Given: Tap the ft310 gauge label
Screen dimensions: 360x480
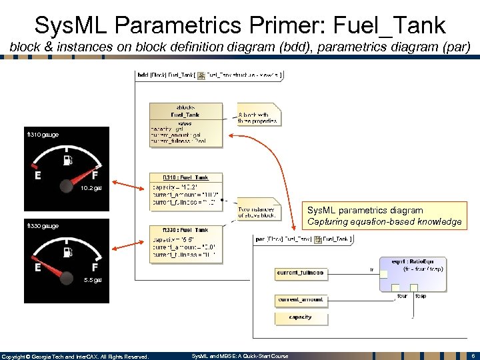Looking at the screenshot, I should (x=43, y=135).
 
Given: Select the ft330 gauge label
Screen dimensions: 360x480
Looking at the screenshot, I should (x=43, y=226).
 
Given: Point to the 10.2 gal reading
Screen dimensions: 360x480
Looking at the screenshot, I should (x=91, y=189).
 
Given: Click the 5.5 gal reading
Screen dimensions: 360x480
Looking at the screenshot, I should (x=93, y=280).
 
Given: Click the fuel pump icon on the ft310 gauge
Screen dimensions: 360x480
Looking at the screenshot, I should (x=67, y=160).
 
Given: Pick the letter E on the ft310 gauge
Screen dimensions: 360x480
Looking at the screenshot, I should (x=38, y=176).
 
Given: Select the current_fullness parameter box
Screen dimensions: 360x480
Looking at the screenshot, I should (x=300, y=273).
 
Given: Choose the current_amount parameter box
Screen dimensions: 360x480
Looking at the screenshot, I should (x=300, y=300).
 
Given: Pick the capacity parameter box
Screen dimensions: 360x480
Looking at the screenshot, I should (x=300, y=318).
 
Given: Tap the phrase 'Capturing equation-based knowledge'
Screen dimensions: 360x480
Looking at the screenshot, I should (x=384, y=221).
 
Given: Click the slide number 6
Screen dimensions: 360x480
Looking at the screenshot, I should (x=472, y=356).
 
